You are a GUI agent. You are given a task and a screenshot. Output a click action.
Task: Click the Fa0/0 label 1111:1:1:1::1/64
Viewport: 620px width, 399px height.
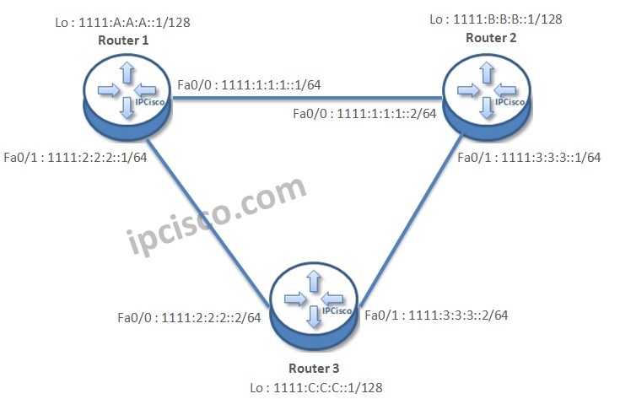pyautogui.click(x=249, y=84)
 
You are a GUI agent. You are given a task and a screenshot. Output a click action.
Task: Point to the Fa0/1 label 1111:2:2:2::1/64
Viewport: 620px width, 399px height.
pyautogui.click(x=76, y=158)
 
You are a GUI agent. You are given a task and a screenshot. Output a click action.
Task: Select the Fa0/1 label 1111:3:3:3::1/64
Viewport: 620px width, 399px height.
pyautogui.click(x=529, y=158)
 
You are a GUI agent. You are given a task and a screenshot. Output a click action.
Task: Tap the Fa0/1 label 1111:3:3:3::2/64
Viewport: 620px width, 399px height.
pyautogui.click(x=435, y=315)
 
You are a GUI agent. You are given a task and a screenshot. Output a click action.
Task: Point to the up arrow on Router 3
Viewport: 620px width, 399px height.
pyautogui.click(x=314, y=281)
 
